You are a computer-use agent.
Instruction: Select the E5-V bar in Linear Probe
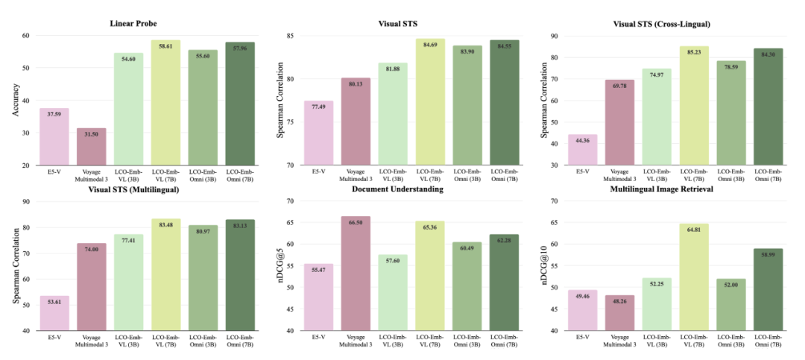(54, 136)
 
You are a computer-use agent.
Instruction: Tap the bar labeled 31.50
(92, 147)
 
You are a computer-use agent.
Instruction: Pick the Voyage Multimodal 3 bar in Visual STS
(356, 121)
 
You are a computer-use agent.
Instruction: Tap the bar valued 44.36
(582, 150)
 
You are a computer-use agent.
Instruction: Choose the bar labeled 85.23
(694, 106)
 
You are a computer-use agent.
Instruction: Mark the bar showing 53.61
(54, 313)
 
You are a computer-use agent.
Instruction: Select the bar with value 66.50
(356, 274)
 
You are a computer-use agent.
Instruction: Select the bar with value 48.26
(619, 313)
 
